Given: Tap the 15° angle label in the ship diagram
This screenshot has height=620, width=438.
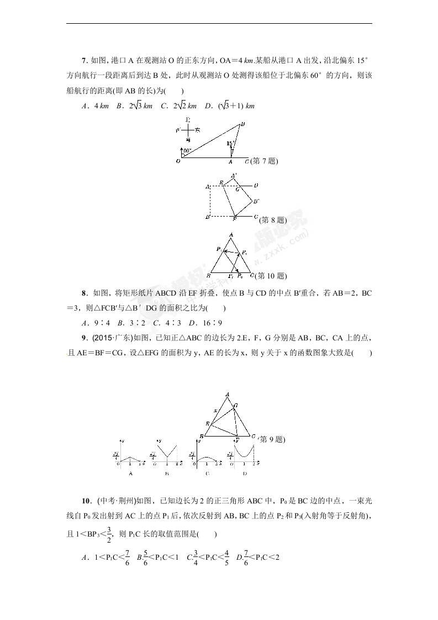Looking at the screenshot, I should [x=230, y=143].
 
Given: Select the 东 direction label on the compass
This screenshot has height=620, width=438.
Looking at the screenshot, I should [x=198, y=130].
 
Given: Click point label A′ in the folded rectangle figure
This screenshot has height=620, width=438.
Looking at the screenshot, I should [x=234, y=176].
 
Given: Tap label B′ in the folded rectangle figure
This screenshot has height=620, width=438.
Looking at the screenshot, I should [x=256, y=201].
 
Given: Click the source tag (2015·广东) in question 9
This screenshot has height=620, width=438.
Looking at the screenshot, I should [x=112, y=338].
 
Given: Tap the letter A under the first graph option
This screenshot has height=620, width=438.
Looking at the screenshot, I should [x=130, y=474].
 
